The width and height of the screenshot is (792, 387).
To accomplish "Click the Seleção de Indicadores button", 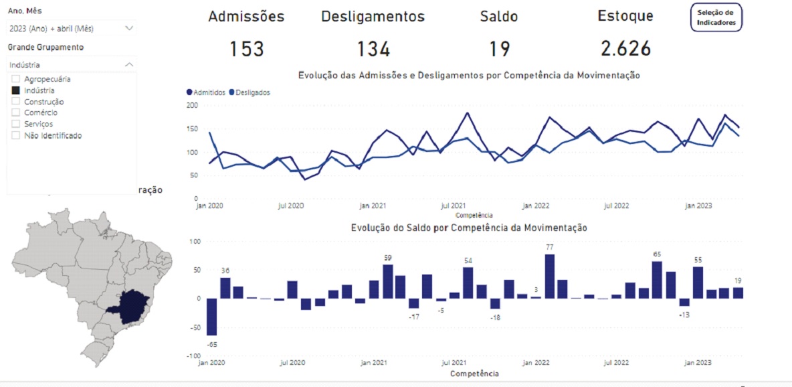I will click(716, 17).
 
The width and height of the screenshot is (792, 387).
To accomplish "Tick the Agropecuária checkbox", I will click(16, 79).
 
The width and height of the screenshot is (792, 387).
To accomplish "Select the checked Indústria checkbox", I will click(16, 90).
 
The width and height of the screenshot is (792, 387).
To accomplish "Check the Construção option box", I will click(16, 102).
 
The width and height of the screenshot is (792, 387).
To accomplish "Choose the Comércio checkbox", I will click(16, 113).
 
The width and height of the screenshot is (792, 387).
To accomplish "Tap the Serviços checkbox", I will click(16, 124).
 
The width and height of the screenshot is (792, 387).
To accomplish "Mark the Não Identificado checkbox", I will click(16, 135).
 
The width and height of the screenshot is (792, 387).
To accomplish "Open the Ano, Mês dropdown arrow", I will click(129, 28).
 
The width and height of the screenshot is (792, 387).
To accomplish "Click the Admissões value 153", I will click(247, 49).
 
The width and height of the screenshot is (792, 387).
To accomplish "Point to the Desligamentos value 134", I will click(373, 49).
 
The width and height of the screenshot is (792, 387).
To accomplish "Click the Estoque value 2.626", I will click(625, 49).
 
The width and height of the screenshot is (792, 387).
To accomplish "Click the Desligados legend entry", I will click(250, 92).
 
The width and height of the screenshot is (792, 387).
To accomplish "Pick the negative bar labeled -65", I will click(211, 317).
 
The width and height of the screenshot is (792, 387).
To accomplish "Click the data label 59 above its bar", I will click(387, 258).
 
